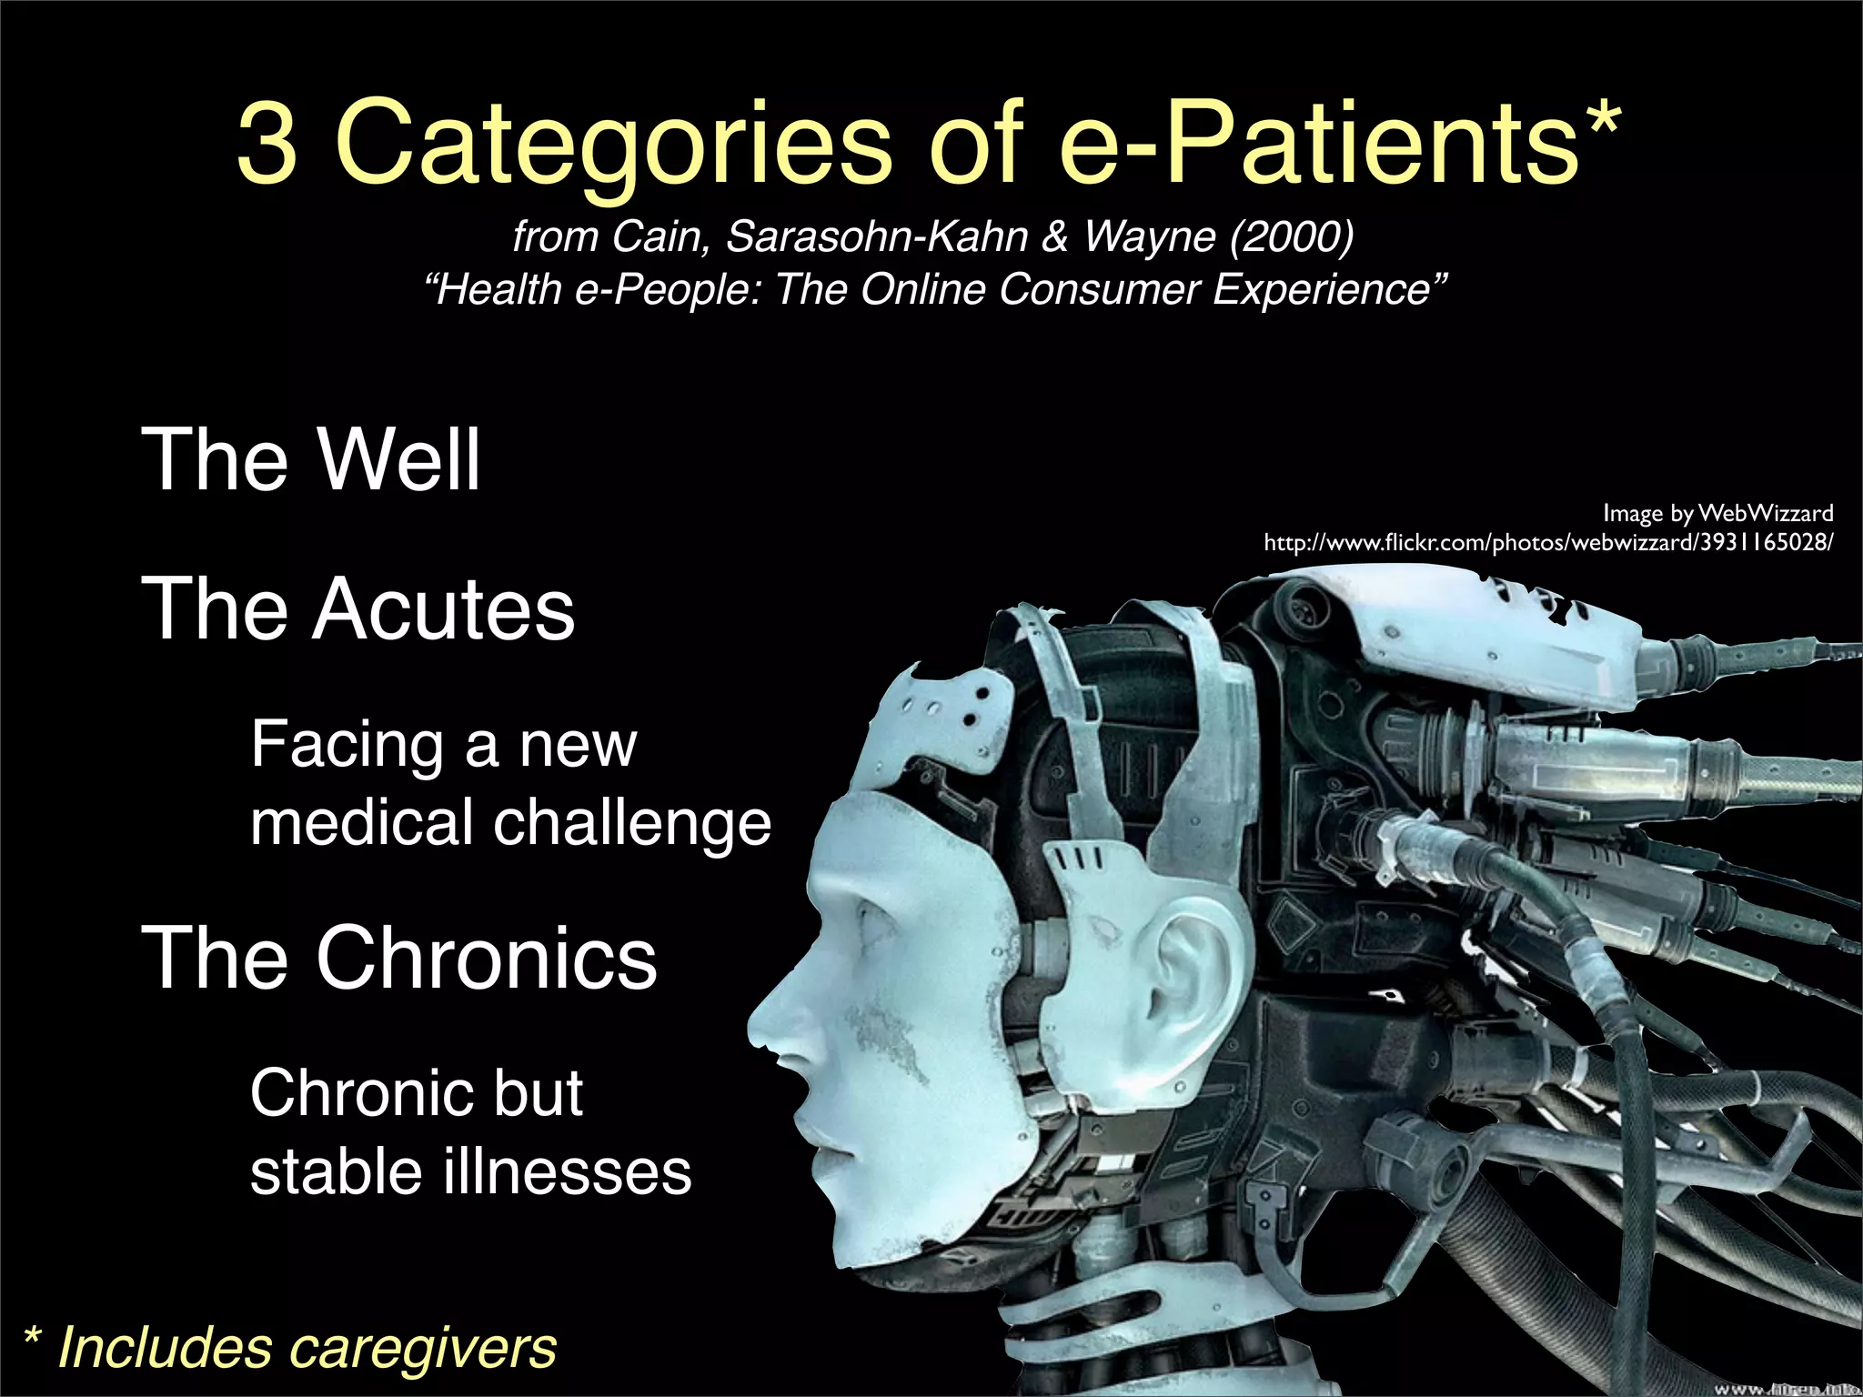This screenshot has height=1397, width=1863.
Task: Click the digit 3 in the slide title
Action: pyautogui.click(x=267, y=143)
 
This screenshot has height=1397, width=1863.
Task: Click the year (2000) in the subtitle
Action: pyautogui.click(x=1291, y=236)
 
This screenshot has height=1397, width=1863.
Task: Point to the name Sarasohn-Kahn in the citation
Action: pyautogui.click(x=876, y=236)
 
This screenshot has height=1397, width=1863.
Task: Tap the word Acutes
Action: pyautogui.click(x=443, y=609)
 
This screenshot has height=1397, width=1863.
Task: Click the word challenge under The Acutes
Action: pyautogui.click(x=631, y=823)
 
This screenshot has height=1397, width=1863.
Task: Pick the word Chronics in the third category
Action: pyautogui.click(x=486, y=958)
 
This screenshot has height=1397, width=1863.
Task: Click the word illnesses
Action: pyautogui.click(x=567, y=1171)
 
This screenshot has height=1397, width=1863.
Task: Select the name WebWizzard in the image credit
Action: pyautogui.click(x=1765, y=514)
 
